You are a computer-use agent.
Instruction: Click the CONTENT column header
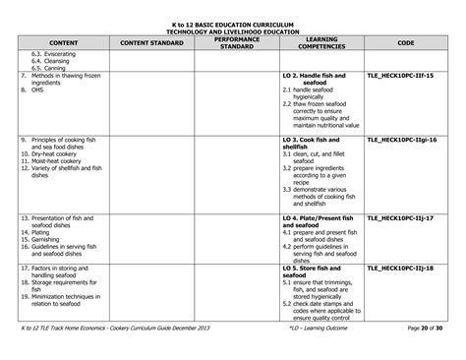click(63, 43)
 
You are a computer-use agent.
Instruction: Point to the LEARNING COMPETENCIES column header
click(321, 43)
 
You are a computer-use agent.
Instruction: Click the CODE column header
click(405, 43)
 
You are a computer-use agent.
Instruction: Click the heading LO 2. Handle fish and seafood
click(316, 77)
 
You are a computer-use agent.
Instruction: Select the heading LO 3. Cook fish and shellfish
click(315, 145)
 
